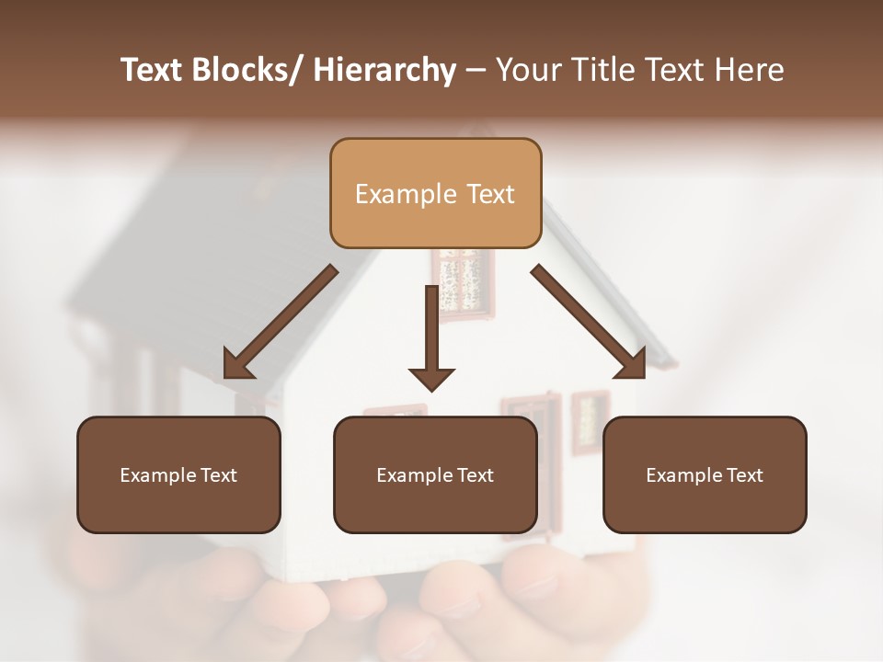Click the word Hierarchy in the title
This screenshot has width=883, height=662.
[384, 71]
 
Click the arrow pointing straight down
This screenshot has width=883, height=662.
[431, 331]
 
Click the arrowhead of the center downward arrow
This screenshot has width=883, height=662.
[431, 378]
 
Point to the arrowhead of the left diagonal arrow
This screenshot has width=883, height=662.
[237, 366]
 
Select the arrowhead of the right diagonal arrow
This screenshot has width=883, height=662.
[632, 364]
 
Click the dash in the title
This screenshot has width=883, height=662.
[476, 71]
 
